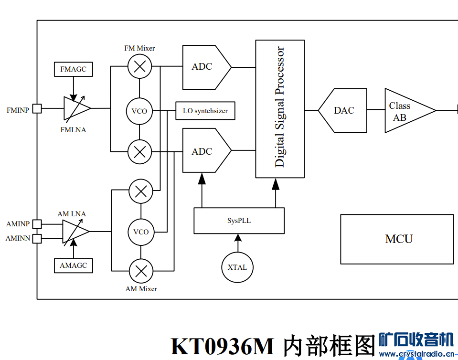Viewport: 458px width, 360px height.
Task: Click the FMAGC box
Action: [73, 69]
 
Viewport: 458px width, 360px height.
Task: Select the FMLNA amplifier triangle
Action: [75, 108]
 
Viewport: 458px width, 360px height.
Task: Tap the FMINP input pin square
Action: [37, 109]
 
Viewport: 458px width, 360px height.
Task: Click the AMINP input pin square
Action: [37, 223]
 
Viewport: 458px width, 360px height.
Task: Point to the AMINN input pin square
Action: [37, 238]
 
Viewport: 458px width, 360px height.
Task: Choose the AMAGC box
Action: [73, 265]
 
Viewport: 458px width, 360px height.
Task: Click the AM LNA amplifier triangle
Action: [74, 232]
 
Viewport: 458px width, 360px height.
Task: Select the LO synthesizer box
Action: [205, 111]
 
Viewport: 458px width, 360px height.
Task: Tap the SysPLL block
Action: [239, 221]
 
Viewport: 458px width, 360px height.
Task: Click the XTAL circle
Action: [237, 267]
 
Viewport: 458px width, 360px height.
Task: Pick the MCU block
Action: [397, 239]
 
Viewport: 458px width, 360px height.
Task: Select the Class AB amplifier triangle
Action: [407, 111]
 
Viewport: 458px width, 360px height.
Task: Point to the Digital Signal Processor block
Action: [280, 108]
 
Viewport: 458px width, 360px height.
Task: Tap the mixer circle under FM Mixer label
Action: [139, 66]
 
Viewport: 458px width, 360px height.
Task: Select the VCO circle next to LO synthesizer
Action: [139, 111]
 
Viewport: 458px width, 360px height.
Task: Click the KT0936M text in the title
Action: [223, 346]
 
